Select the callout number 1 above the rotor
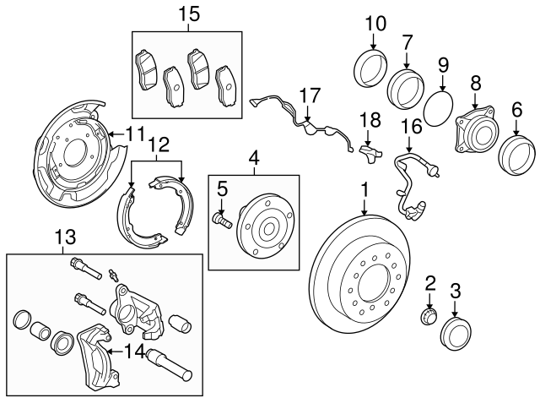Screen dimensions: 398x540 [x=364, y=188]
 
